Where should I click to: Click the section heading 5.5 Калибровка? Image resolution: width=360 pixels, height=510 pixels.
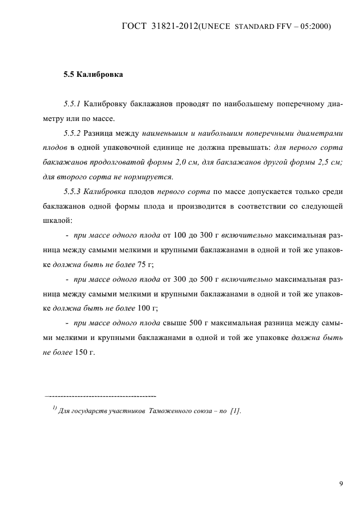tap(93, 75)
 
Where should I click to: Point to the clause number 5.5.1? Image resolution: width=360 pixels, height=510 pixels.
tap(72, 103)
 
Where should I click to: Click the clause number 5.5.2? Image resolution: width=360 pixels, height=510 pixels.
tap(72, 132)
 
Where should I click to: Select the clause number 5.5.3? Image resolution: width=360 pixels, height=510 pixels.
tap(72, 191)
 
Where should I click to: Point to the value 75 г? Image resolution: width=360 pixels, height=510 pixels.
tap(144, 265)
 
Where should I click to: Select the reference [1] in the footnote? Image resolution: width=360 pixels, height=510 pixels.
tap(235, 411)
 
